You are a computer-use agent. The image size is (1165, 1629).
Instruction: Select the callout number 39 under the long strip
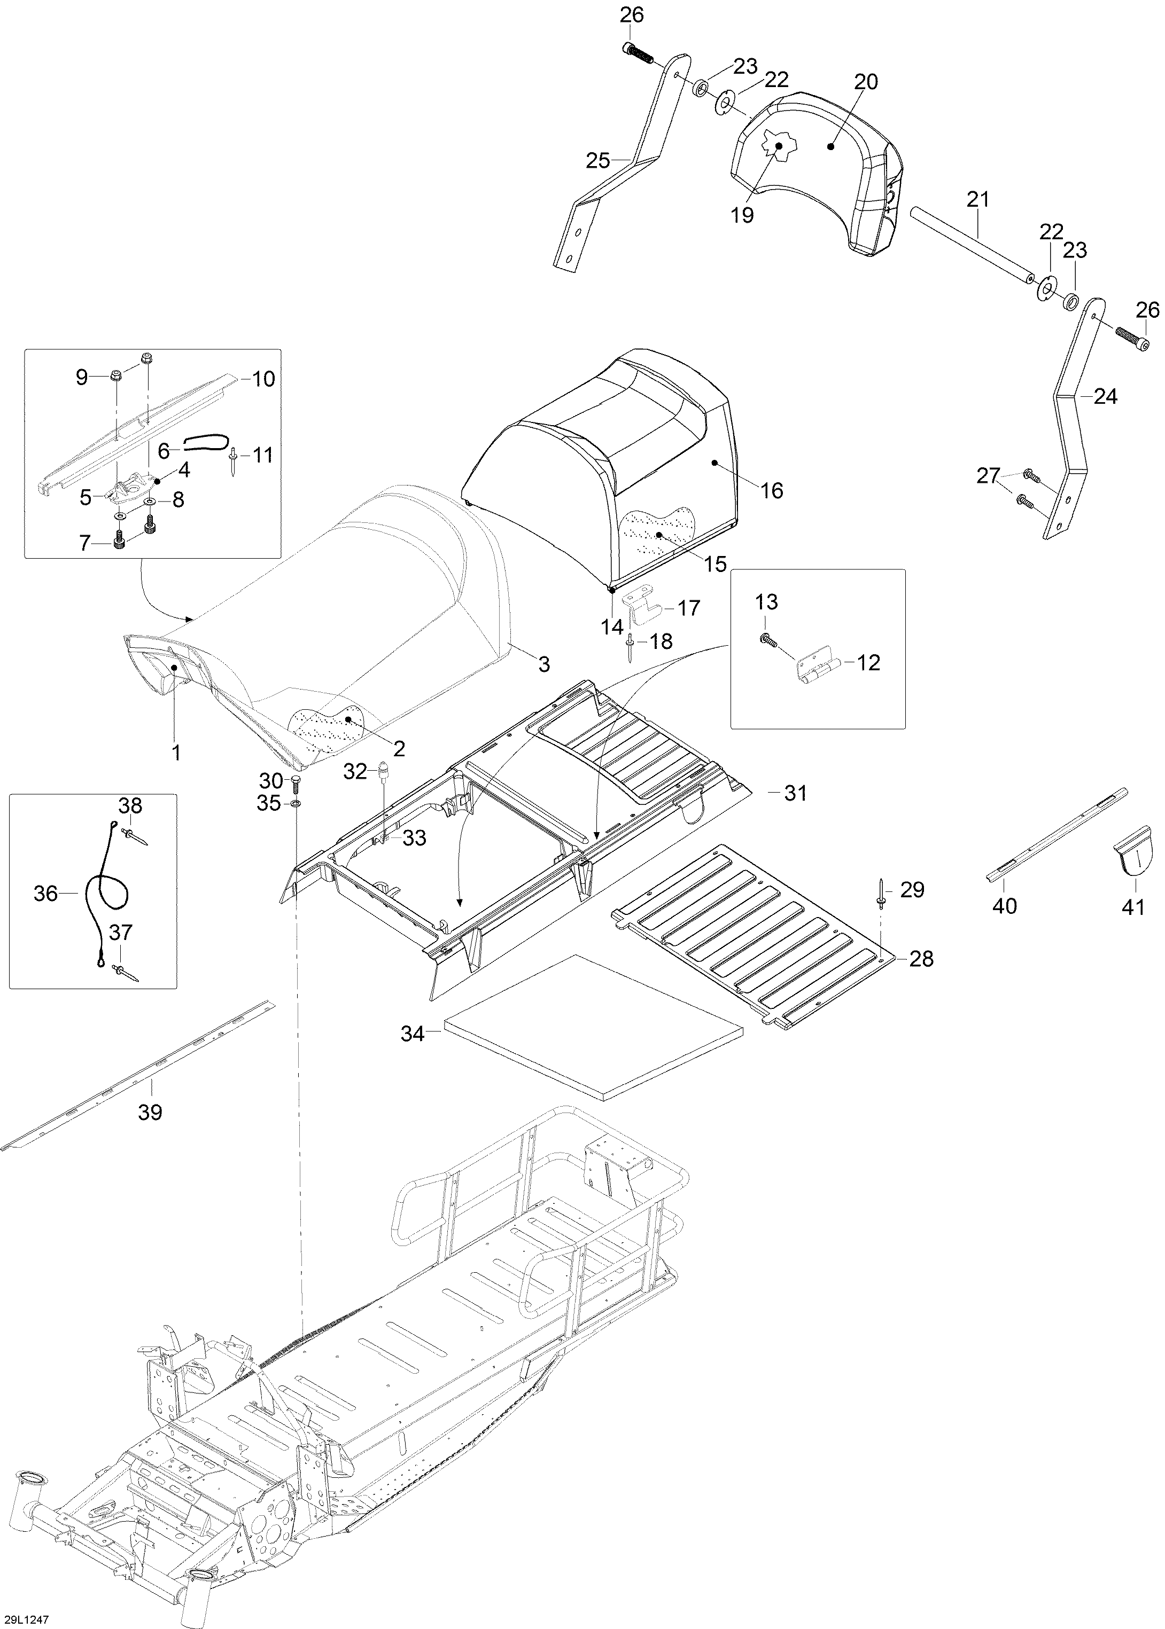(150, 1112)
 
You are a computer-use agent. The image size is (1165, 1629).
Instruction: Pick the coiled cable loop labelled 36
(106, 895)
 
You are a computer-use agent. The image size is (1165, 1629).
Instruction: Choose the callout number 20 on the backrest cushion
(866, 82)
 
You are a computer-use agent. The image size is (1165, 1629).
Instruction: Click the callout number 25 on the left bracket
(597, 161)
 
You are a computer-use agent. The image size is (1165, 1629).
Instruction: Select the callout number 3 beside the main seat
(545, 664)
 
